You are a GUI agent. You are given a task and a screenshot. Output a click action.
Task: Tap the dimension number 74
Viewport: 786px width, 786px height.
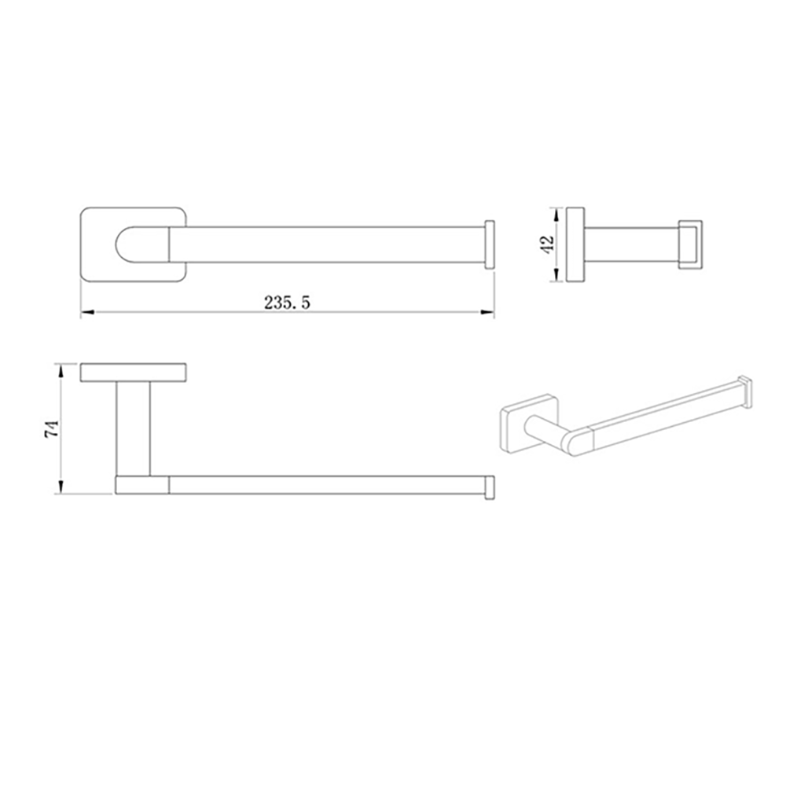(x=52, y=428)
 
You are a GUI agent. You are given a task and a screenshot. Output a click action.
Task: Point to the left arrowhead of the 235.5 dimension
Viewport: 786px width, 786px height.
(x=87, y=312)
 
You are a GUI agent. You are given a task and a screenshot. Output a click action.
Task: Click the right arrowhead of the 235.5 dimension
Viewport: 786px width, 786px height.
(x=487, y=312)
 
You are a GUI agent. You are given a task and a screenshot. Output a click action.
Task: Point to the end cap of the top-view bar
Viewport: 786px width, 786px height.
(x=489, y=244)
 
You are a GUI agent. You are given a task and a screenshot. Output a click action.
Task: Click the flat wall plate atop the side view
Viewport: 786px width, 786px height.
(x=133, y=373)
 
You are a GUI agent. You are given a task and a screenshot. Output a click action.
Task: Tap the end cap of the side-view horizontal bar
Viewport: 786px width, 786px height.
(x=489, y=486)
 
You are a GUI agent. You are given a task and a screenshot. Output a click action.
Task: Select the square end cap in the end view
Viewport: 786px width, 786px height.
(x=689, y=244)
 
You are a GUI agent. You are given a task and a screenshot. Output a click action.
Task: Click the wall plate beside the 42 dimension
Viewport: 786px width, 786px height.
(x=575, y=244)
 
